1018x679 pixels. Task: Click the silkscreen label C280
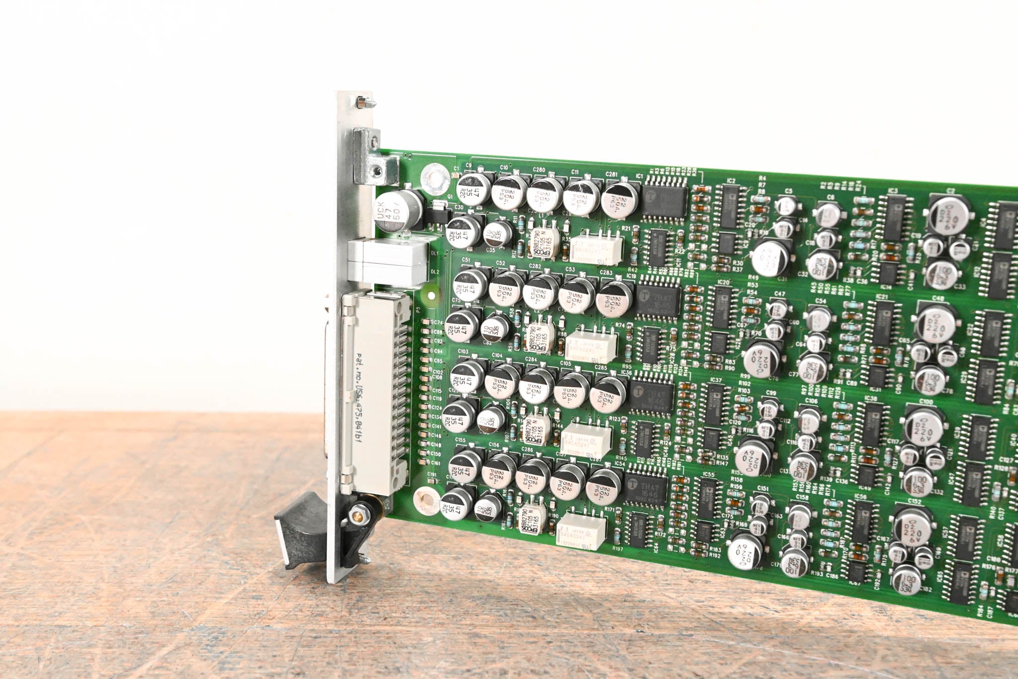coord(539,170)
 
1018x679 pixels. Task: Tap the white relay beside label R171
coord(581,530)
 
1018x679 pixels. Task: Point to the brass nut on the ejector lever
coord(356,512)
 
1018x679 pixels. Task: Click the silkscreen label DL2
coord(435,271)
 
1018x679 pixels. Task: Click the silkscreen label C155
coord(460,440)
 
